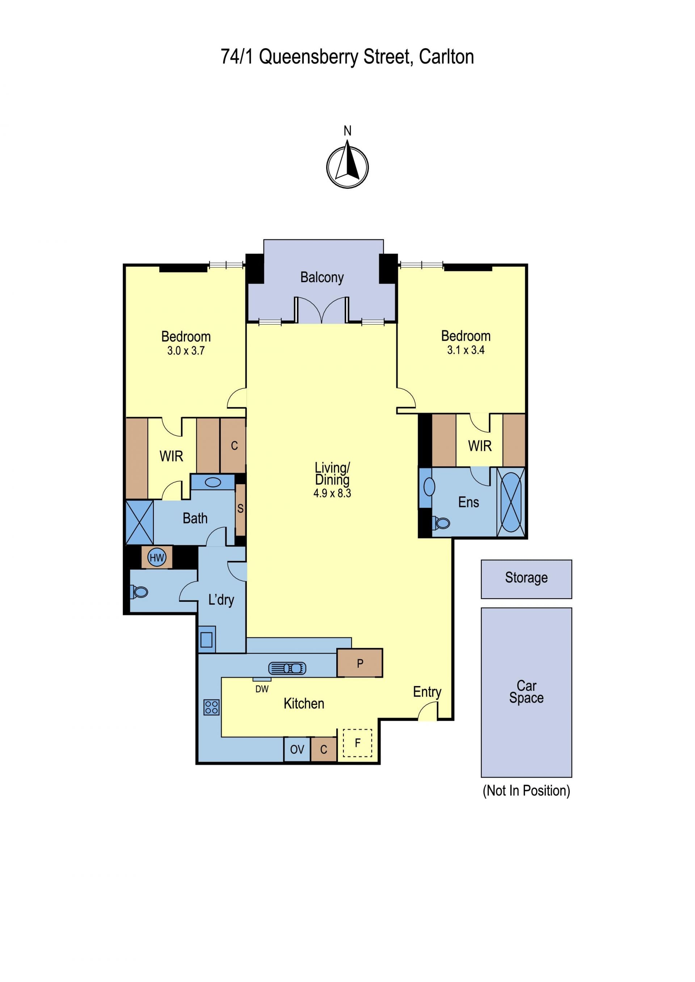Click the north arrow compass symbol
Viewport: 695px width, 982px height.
click(x=347, y=166)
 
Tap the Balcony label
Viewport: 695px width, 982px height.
click(x=322, y=277)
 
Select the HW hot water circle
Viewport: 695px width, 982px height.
click(x=157, y=557)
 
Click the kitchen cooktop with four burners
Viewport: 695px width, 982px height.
click(x=211, y=707)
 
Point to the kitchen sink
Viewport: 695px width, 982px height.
click(x=287, y=668)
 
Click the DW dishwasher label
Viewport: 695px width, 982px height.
click(x=262, y=689)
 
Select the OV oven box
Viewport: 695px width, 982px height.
click(x=297, y=749)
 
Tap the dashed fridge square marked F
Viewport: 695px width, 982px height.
click(x=358, y=743)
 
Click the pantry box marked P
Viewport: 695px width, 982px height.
click(x=360, y=663)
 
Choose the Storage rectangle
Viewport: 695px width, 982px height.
click(x=526, y=579)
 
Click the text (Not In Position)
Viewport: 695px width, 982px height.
click(x=526, y=790)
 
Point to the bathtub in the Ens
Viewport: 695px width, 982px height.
click(x=511, y=502)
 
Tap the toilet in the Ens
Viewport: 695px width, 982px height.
click(x=441, y=523)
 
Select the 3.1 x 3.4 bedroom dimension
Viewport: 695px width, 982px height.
click(x=466, y=350)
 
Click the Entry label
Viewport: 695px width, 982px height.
click(x=427, y=692)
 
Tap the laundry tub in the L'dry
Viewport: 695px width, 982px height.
click(x=207, y=639)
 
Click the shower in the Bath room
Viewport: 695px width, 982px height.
click(x=139, y=522)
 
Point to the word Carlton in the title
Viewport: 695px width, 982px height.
click(x=446, y=57)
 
